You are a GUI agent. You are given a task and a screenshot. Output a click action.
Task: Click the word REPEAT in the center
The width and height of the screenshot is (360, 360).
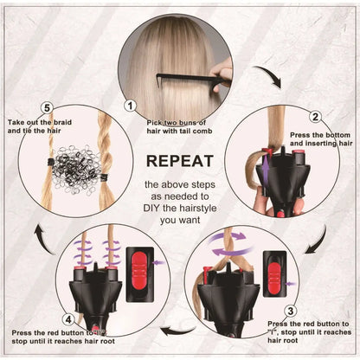tap(179, 161)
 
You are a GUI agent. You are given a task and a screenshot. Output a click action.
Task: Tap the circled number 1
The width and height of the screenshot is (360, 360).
tap(131, 106)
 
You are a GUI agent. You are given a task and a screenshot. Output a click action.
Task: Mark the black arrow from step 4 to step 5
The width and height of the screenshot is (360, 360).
tap(42, 229)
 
